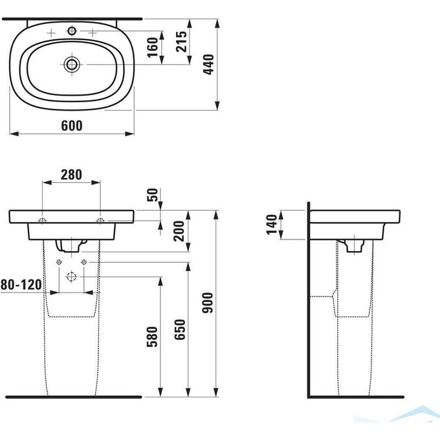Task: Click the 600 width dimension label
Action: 72,126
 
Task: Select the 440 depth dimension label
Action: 208,63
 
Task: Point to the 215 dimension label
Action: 182,43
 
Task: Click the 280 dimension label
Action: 71,173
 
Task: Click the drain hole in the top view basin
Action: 71,63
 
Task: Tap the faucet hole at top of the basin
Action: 71,31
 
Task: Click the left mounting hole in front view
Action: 42,221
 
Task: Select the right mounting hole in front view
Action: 100,221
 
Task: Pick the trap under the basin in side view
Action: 353,245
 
